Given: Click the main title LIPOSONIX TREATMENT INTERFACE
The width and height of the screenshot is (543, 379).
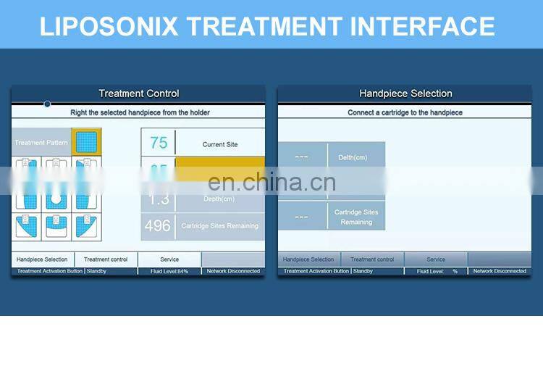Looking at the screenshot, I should coord(267,26).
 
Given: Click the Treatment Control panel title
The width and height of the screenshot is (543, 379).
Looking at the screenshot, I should coord(138,93).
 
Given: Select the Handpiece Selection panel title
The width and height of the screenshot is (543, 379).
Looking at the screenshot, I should coord(405,93).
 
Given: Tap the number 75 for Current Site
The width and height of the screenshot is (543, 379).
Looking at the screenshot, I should coord(159,143).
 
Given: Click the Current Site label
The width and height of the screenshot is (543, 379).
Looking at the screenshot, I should coord(220,144).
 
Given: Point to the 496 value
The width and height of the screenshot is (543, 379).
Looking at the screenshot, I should coord(157,225).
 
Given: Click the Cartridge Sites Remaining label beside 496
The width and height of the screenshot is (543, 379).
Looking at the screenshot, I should coord(219,226).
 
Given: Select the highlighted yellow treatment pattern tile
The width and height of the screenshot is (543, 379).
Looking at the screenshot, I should coord(86,142).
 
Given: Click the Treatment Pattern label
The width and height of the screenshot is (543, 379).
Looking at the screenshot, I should coord(41,143).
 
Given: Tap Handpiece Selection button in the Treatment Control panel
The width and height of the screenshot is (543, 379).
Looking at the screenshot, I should coord(42,259).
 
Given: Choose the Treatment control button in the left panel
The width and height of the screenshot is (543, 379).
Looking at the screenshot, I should coord(106,259).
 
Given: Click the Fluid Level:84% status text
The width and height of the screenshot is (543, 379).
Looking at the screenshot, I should coord(169,271).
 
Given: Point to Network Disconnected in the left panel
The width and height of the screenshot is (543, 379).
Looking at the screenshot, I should coord(233,271).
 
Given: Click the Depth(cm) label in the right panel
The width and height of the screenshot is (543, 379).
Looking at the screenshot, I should coord(352,157).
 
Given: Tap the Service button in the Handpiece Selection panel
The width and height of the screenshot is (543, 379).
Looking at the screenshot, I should coord(436,259).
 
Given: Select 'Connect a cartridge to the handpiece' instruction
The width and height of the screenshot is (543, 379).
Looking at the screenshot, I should coord(405,113).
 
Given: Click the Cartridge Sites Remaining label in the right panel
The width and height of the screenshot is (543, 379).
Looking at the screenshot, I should coord(356,217).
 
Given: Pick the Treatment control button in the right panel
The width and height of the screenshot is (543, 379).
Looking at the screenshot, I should coord(372,259).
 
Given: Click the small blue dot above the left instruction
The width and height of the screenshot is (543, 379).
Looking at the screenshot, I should coord(47,104).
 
